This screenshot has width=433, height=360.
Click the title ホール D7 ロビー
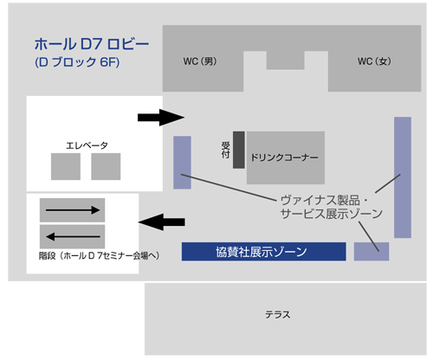click(92, 44)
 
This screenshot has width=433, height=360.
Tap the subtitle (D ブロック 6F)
click(77, 62)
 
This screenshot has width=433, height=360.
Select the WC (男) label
click(200, 61)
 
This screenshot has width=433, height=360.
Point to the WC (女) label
click(374, 61)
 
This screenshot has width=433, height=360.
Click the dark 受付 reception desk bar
click(239, 150)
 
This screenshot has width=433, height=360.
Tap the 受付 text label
click(225, 150)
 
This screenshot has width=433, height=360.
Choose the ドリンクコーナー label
click(284, 157)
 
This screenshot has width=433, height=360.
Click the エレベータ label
click(87, 145)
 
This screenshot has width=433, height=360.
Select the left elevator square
click(66, 166)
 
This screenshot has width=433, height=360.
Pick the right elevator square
click(106, 166)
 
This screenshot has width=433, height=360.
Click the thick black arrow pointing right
click(161, 118)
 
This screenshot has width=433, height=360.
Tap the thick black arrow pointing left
click(162, 222)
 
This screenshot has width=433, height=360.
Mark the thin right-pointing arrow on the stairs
click(73, 210)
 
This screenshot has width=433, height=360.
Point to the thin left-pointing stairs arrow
click(73, 237)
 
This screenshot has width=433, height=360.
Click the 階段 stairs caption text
click(99, 255)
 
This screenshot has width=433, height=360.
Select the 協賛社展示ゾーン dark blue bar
click(264, 252)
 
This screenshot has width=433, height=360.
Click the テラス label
click(278, 314)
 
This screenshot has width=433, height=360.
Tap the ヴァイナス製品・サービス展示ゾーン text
click(332, 207)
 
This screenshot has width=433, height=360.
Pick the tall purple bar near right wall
click(403, 177)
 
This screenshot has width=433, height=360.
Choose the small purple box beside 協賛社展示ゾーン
click(372, 252)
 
